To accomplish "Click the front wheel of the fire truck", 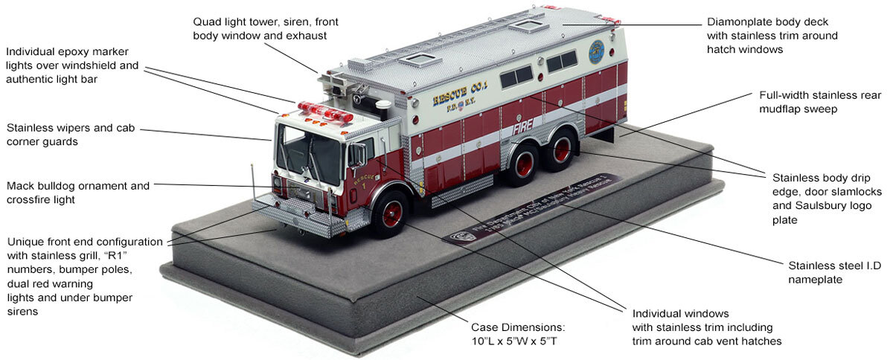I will [391, 214].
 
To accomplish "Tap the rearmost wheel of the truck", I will [561, 149].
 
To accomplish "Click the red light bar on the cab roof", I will [325, 113].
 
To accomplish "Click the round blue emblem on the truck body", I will [596, 52].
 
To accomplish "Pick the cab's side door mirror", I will [358, 155].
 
